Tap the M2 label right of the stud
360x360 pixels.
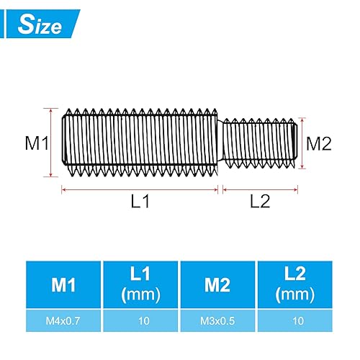click(x=318, y=143)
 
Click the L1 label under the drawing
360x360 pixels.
click(x=140, y=202)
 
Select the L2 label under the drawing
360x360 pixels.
click(x=259, y=202)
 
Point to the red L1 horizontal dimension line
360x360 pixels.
click(x=140, y=189)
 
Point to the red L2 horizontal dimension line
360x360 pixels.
click(x=259, y=189)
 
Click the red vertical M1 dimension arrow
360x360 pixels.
click(x=51, y=143)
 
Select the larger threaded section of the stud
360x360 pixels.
click(x=140, y=143)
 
